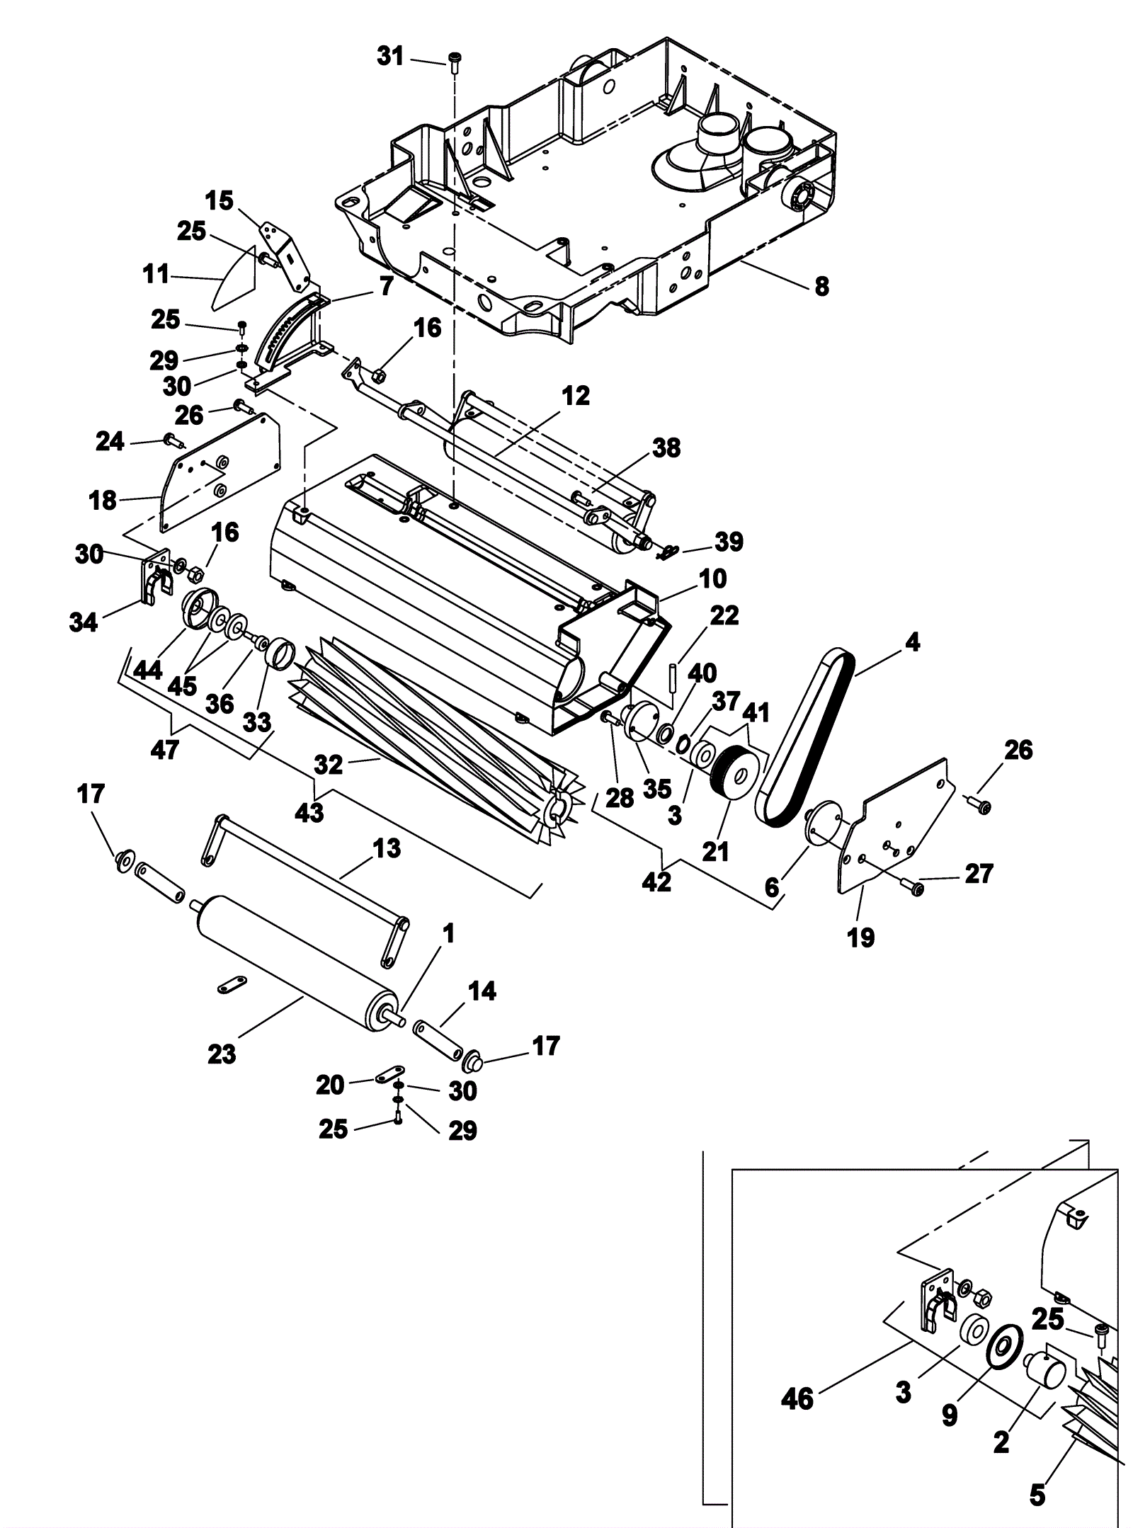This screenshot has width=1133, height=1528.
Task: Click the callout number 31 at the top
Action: (x=390, y=56)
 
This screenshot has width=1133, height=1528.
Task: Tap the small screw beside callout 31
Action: (x=453, y=60)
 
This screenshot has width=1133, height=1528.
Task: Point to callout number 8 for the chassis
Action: (x=821, y=287)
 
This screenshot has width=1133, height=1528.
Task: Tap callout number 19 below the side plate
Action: (x=861, y=937)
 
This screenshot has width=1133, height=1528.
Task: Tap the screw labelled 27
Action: (x=913, y=885)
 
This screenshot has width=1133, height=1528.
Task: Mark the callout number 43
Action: (x=309, y=812)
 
